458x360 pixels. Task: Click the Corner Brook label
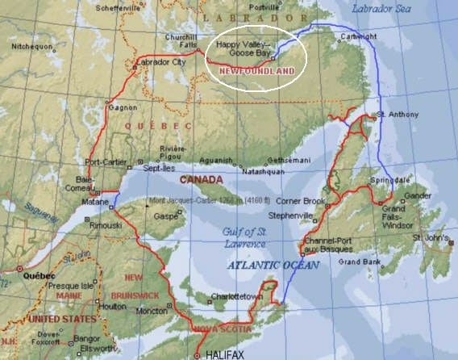300,200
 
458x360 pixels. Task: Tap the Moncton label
142,310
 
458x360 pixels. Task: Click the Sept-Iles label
159,168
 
